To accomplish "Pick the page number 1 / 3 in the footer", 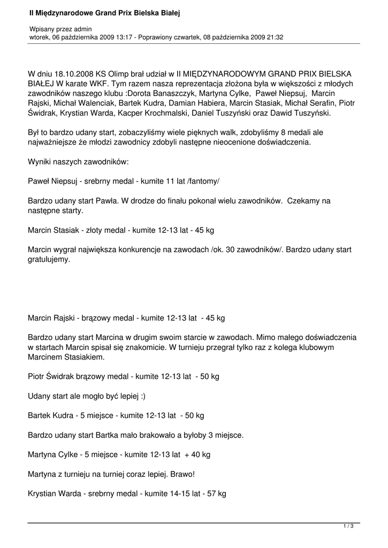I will pyautogui.click(x=348, y=527).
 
